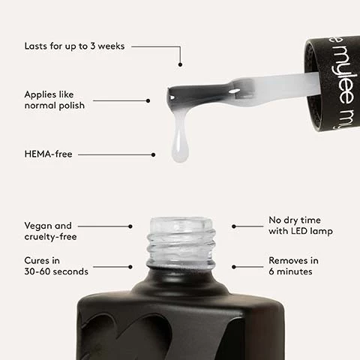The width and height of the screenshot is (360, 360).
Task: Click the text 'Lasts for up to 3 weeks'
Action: coord(75,46)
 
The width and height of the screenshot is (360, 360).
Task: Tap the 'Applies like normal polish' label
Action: coord(54,100)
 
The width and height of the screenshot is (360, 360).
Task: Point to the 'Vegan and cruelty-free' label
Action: coord(49,230)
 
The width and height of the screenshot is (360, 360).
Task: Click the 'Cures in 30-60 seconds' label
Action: coord(56,265)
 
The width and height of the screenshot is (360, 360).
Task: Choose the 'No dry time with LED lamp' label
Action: coord(300,225)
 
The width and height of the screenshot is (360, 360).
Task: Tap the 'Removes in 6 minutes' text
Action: coord(293,265)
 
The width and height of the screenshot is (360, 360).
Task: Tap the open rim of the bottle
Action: coord(181,222)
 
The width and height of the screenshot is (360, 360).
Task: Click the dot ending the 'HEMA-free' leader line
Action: coord(153,154)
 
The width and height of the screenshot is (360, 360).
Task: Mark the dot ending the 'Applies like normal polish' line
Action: coord(148,100)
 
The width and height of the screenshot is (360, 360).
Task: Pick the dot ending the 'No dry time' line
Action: coord(233,226)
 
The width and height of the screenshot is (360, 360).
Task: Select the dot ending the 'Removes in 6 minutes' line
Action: coord(233,266)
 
